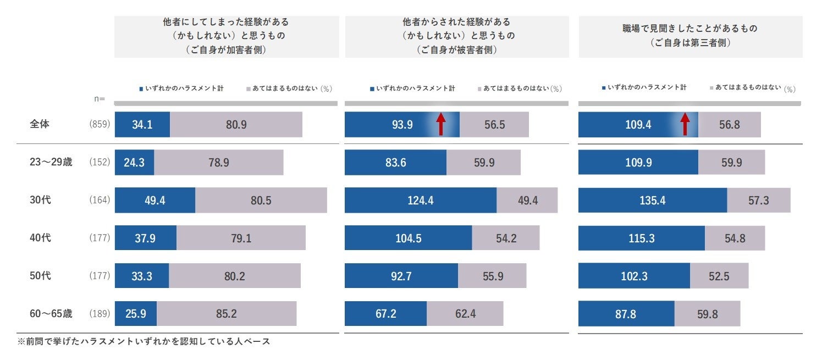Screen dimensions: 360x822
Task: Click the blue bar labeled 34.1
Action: tap(142, 125)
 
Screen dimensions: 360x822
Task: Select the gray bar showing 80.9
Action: tap(236, 125)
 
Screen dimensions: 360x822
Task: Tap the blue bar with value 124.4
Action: tap(421, 200)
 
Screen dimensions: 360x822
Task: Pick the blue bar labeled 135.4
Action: tap(653, 200)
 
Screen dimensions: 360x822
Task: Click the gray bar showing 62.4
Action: tap(465, 313)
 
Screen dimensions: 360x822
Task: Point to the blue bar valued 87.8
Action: tap(626, 313)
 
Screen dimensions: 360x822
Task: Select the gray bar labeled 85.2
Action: tap(227, 313)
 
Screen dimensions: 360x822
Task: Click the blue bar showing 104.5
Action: tap(408, 238)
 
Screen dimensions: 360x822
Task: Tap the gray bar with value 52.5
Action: tap(719, 276)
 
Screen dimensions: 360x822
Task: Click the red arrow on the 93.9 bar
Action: tap(440, 124)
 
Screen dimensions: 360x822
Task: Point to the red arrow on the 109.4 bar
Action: tap(685, 124)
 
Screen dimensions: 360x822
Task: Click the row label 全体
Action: tap(40, 124)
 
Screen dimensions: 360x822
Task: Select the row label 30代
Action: tap(40, 200)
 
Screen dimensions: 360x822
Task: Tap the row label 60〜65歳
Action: tap(51, 314)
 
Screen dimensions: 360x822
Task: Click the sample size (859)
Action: tap(100, 125)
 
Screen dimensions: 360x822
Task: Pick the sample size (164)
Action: tap(100, 201)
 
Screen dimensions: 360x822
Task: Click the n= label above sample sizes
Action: tap(100, 99)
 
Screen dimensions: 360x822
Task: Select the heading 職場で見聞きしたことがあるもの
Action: tap(689, 29)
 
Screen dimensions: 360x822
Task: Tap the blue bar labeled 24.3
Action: tap(134, 162)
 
